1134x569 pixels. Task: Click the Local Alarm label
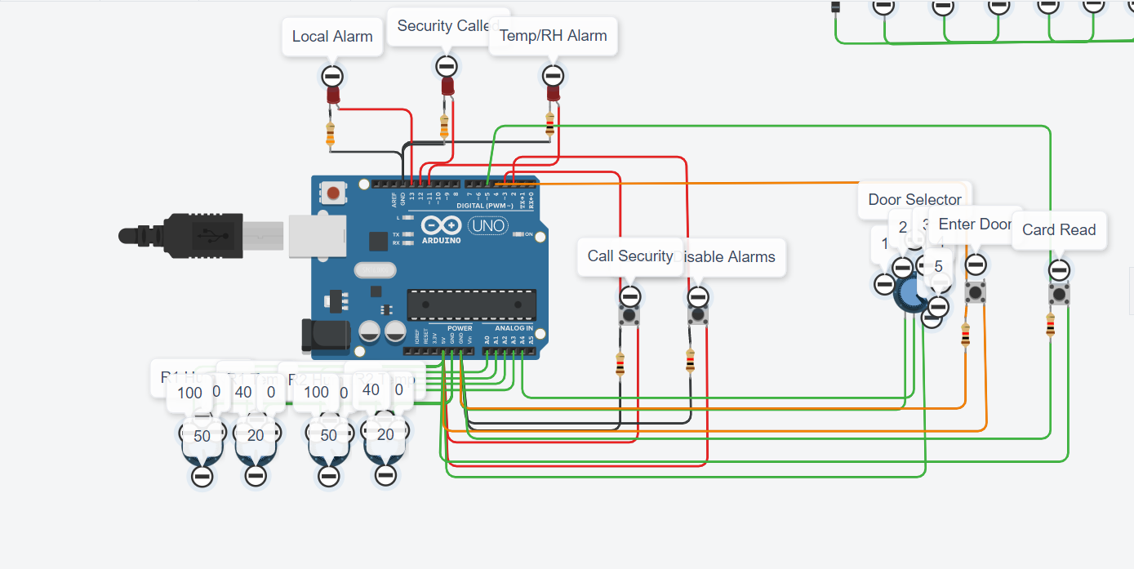[332, 37]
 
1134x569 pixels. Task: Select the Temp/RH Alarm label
[553, 36]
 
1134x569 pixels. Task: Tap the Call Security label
[629, 256]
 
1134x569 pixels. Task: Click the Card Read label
[1059, 230]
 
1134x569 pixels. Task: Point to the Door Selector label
[914, 199]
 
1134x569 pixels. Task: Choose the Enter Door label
[976, 224]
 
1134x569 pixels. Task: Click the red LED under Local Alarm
[333, 96]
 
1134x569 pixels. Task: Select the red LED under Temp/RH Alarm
[553, 93]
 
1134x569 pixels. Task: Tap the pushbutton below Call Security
[629, 316]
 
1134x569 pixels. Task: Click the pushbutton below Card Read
[1059, 294]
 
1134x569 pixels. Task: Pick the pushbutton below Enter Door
[976, 291]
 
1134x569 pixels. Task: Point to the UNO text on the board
[488, 225]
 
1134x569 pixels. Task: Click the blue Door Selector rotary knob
[909, 293]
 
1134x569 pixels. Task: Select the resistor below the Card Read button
[1050, 325]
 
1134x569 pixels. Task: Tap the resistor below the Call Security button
[620, 364]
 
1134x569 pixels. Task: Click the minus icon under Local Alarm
[331, 77]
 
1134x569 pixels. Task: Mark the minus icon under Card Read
[1059, 269]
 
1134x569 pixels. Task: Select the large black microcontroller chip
[472, 304]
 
